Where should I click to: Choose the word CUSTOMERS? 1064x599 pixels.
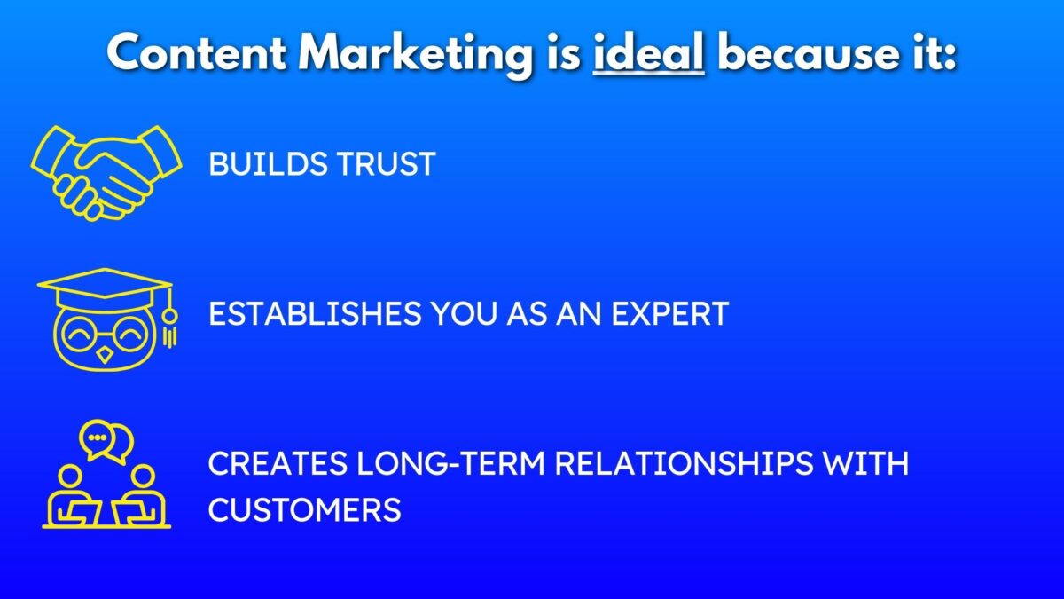click(x=304, y=510)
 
